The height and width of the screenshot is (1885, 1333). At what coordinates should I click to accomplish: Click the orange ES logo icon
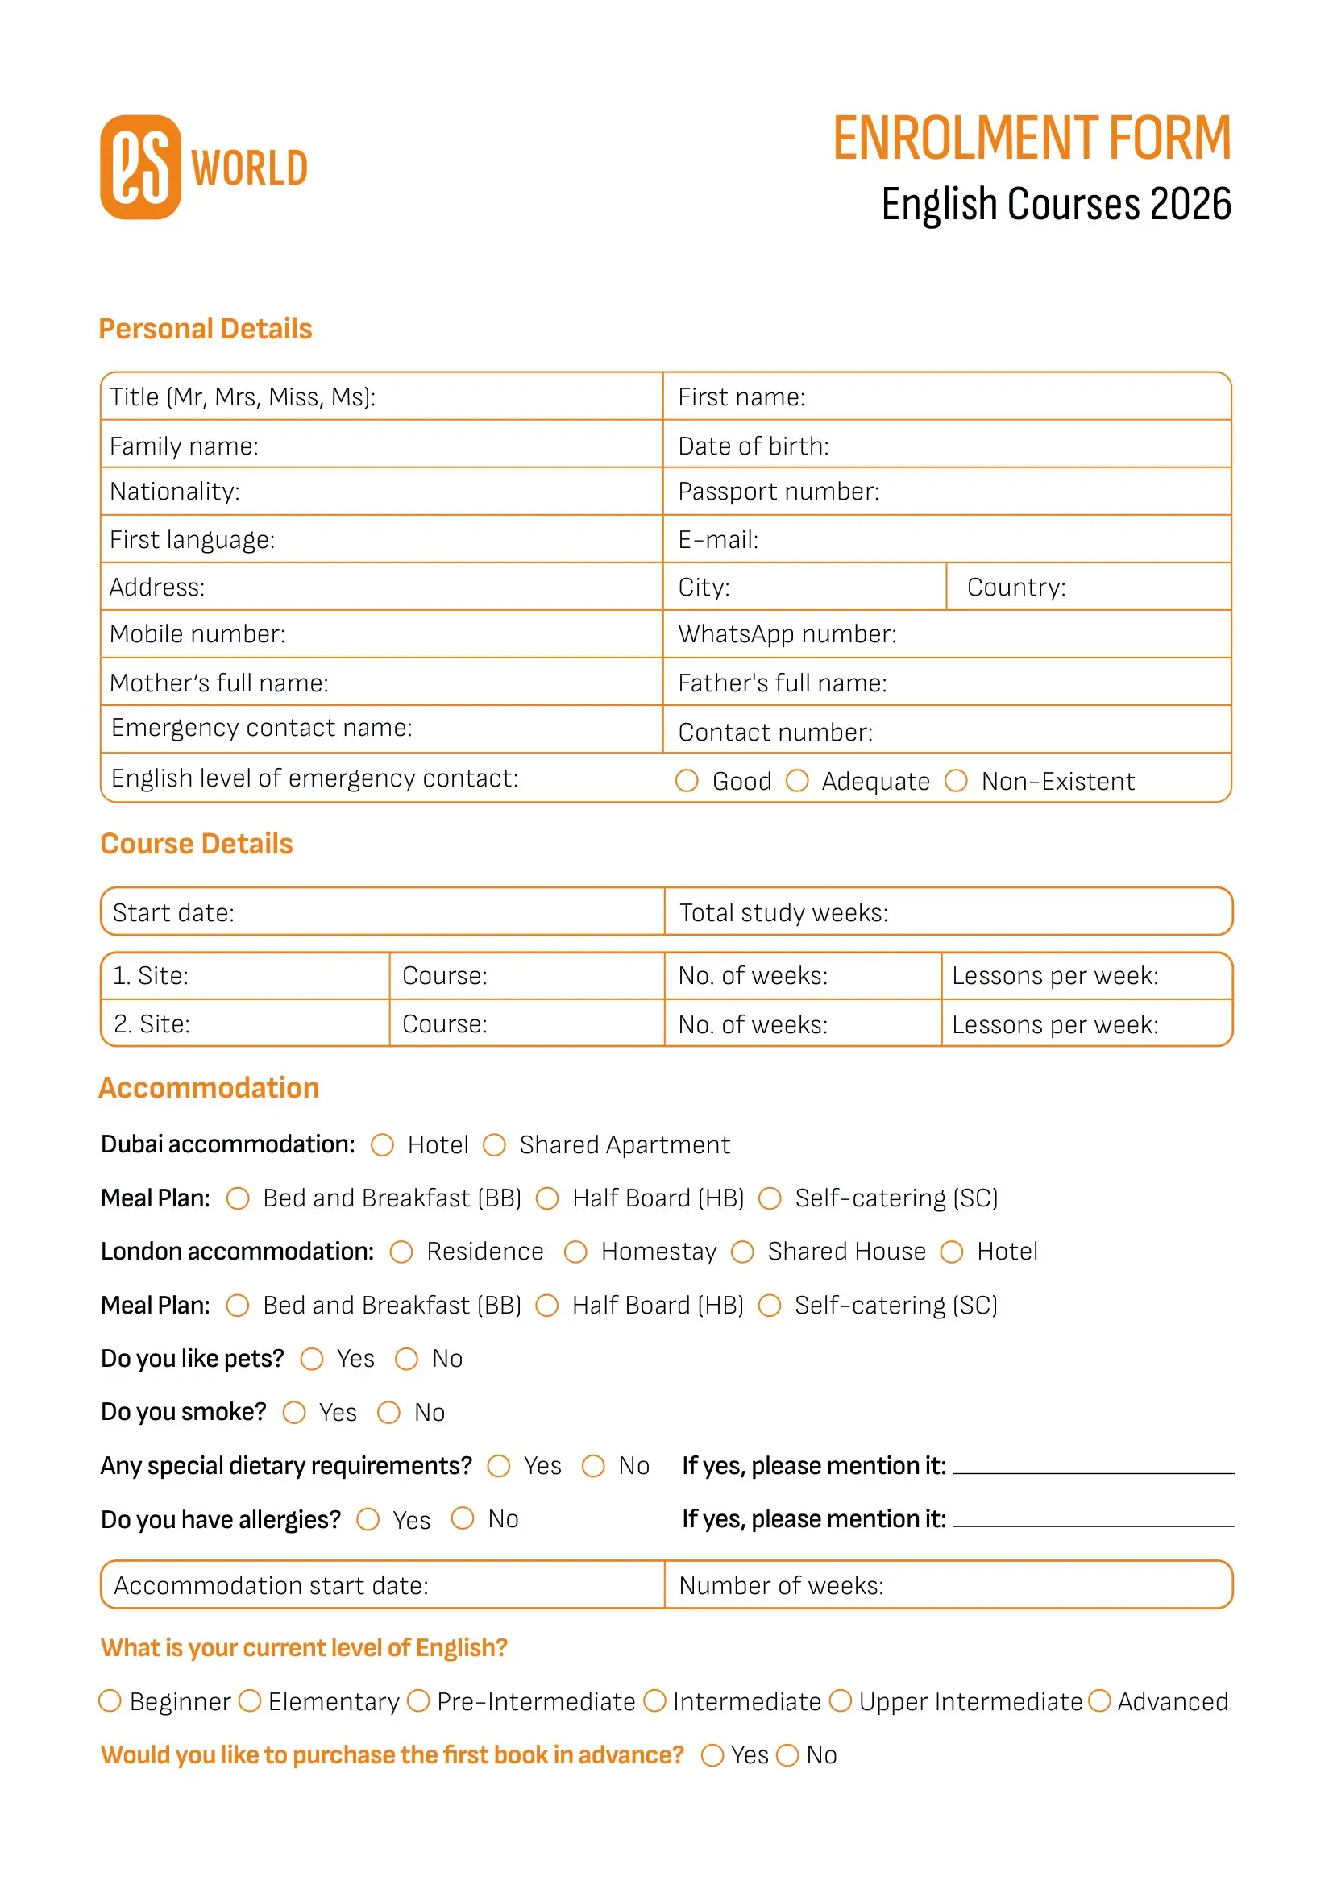[x=140, y=168]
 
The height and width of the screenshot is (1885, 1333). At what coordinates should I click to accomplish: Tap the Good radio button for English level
[x=686, y=781]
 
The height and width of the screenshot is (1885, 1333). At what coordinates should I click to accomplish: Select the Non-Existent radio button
[x=956, y=781]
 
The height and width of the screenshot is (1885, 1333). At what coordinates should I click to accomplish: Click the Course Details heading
[x=196, y=844]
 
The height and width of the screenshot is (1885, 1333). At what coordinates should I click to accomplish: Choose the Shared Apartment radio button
[x=494, y=1145]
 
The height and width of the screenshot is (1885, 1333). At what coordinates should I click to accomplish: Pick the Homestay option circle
[x=575, y=1252]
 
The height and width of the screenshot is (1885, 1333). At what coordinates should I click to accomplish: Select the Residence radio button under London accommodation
[x=401, y=1252]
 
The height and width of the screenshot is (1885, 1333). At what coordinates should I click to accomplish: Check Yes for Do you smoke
[x=294, y=1413]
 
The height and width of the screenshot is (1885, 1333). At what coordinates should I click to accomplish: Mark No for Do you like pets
[x=406, y=1360]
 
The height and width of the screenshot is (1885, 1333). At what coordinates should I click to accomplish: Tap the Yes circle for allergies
[x=368, y=1520]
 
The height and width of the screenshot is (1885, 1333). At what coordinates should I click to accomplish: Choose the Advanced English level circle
[x=1099, y=1701]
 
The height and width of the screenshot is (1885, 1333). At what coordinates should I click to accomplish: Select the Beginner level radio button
[x=110, y=1701]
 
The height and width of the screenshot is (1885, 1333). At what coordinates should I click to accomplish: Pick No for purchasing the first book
[x=787, y=1755]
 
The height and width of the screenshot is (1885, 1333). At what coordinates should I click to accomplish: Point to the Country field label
[x=1015, y=587]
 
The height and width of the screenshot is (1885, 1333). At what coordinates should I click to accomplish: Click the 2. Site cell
[x=245, y=1023]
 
